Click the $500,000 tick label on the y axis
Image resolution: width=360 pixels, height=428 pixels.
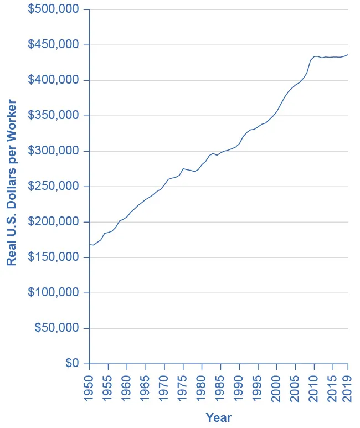click(54, 10)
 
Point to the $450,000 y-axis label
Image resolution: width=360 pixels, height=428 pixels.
click(54, 45)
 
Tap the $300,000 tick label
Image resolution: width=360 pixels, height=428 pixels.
click(54, 151)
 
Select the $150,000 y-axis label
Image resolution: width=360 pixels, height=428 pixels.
click(54, 257)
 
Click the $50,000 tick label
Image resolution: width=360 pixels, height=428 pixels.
click(56, 328)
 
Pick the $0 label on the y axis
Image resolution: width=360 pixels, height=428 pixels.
click(73, 364)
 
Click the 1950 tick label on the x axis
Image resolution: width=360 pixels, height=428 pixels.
click(90, 384)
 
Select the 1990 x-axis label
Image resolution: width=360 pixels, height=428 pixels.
click(239, 384)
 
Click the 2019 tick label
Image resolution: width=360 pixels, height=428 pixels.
click(348, 384)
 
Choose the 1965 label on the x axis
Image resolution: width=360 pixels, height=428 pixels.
click(146, 384)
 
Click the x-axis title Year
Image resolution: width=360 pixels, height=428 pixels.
click(218, 417)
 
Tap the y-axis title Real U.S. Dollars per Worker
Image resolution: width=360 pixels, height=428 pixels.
click(12, 183)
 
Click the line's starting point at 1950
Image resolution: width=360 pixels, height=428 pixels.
click(90, 245)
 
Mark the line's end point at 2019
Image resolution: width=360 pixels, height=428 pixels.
click(348, 55)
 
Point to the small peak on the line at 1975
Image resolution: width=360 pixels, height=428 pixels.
click(183, 168)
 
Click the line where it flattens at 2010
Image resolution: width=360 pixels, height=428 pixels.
click(315, 56)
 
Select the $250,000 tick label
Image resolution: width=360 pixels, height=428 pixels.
click(54, 187)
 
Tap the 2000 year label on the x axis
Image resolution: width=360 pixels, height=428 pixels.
click(277, 384)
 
